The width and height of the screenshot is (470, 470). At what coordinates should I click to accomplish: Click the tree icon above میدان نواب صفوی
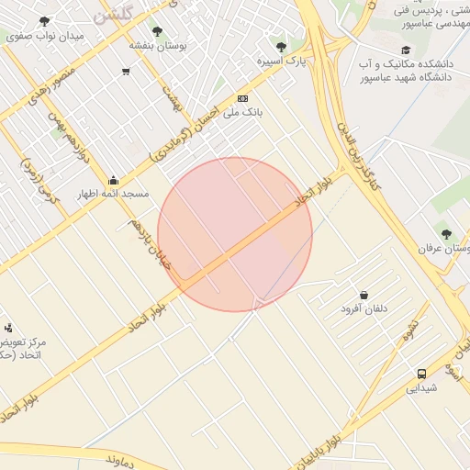point(44,20)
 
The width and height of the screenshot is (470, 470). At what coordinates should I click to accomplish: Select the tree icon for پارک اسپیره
point(281,46)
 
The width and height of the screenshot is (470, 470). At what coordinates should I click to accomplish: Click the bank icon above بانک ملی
point(242,98)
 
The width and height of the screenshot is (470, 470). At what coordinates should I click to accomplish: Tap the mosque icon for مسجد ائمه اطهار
point(113,180)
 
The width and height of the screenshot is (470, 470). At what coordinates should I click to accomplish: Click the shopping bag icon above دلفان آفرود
point(364,296)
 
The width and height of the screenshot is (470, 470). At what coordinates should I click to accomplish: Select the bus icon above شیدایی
point(421,374)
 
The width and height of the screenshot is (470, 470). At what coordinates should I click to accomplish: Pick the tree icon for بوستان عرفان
point(446,234)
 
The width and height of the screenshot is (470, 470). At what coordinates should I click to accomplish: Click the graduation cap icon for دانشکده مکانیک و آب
point(406,50)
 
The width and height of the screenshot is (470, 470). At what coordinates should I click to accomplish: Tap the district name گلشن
point(113,11)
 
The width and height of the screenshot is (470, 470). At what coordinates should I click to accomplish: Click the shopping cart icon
point(126,71)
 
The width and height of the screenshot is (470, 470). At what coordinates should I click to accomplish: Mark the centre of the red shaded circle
point(235,234)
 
